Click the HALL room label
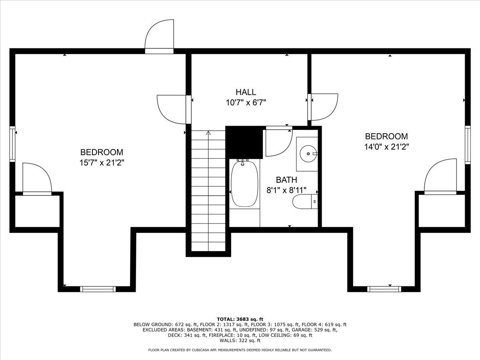click(246, 92)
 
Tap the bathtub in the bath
click(244, 184)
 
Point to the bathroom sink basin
click(308, 153)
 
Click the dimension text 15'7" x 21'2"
click(102, 163)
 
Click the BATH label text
click(286, 180)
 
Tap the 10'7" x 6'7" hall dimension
click(246, 103)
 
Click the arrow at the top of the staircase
click(208, 133)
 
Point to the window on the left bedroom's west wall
click(13, 144)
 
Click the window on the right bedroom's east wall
click(467, 144)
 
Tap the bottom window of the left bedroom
click(98, 289)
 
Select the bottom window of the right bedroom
click(385, 289)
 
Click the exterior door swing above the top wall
click(160, 35)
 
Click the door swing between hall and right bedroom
click(324, 107)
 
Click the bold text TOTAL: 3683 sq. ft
click(240, 319)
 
